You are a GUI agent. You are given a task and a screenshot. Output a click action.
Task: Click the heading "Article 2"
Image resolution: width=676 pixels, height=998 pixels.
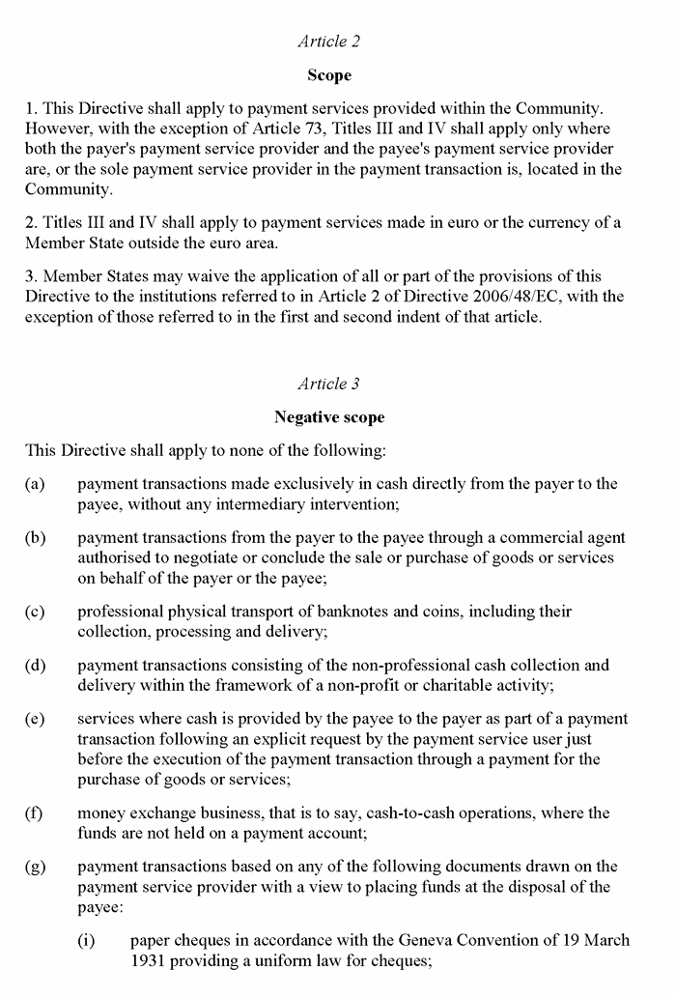(x=329, y=42)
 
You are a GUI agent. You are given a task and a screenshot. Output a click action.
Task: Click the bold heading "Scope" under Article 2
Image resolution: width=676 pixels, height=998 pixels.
(x=329, y=75)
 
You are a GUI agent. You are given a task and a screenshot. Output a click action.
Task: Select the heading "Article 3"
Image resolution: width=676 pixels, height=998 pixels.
(x=329, y=384)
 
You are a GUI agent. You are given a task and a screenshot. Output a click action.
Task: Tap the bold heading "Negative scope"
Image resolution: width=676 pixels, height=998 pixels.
(x=329, y=417)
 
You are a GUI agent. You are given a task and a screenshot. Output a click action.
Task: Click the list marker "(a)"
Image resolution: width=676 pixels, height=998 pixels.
(x=36, y=484)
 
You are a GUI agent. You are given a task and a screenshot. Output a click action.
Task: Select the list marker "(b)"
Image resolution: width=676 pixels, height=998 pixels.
(x=36, y=538)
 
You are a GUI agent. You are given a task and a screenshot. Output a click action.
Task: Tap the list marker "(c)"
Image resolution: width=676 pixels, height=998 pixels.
(x=36, y=612)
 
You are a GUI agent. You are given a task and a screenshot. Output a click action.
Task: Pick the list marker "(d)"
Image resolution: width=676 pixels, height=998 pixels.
(x=36, y=666)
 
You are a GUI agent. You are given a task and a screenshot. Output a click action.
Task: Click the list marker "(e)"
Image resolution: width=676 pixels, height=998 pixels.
(x=36, y=720)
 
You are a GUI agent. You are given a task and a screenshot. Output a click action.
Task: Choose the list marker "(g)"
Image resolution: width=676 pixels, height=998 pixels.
(x=36, y=867)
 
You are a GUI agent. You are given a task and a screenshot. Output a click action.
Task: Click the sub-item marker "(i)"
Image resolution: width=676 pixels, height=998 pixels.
(x=87, y=940)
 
